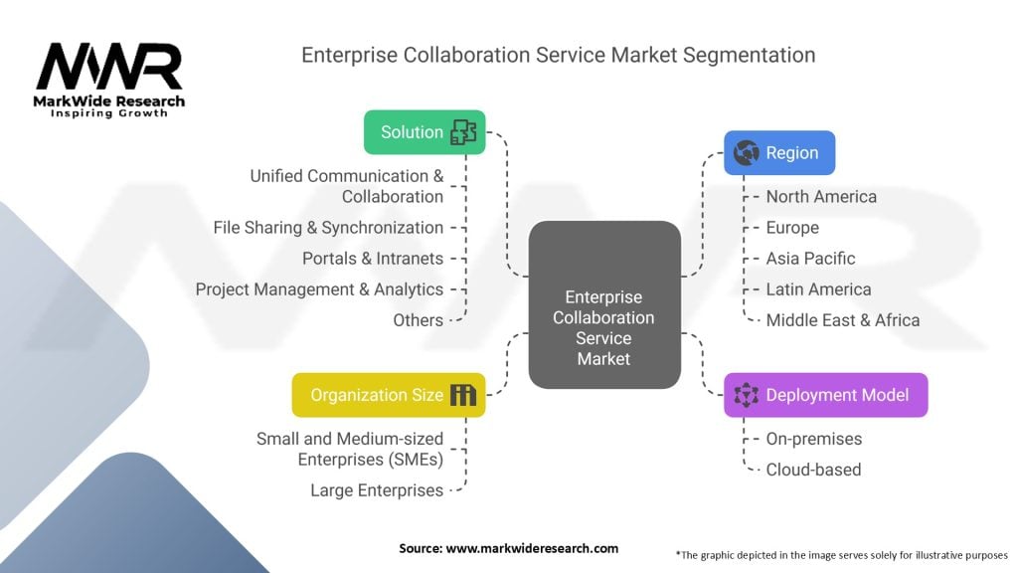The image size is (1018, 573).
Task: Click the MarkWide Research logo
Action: point(109,80)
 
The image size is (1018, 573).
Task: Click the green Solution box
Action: point(424,132)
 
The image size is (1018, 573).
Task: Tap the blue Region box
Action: point(778,153)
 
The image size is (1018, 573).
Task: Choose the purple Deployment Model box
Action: point(825,395)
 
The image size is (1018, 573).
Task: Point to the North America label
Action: point(821,196)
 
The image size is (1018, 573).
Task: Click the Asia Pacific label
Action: point(810,259)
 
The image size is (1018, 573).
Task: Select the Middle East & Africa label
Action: point(842,320)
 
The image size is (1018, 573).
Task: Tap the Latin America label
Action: point(818,289)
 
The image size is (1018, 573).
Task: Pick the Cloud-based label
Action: point(813,470)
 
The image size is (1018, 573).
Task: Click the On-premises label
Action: point(813,439)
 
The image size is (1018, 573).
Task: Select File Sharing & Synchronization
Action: point(328,228)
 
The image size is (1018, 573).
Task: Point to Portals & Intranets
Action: point(373,259)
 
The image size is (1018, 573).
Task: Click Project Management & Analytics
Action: point(319,289)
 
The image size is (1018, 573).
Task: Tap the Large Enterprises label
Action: point(377,490)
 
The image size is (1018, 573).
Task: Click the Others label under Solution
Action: point(418,320)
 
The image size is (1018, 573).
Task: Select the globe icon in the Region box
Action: point(746,153)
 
